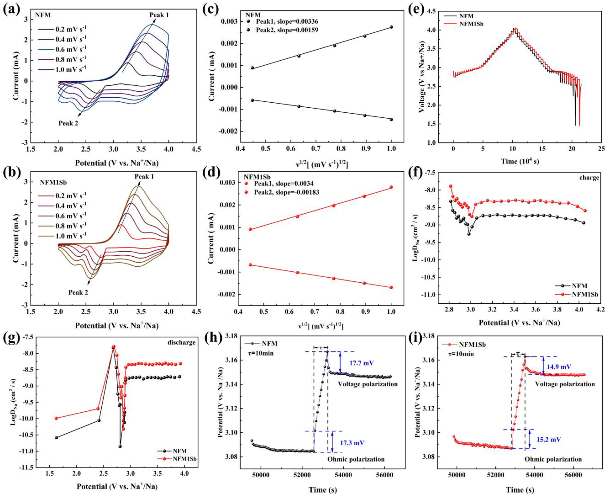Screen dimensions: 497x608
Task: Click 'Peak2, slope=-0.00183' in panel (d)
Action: click(286, 192)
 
